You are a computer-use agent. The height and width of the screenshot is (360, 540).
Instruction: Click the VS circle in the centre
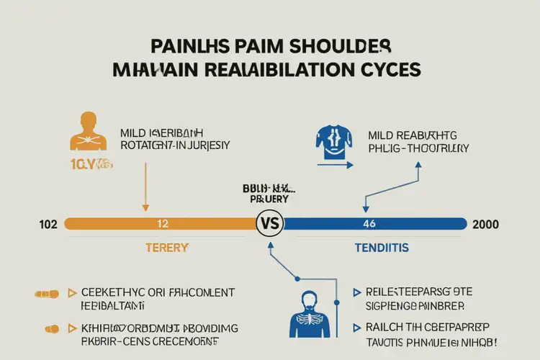[270, 224]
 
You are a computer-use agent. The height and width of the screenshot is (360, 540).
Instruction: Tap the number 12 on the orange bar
[163, 224]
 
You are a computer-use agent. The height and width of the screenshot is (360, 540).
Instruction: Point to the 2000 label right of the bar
[487, 224]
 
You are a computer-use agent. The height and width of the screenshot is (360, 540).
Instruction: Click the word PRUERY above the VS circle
[270, 198]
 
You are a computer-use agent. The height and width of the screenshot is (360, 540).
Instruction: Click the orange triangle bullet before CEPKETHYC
[72, 293]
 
